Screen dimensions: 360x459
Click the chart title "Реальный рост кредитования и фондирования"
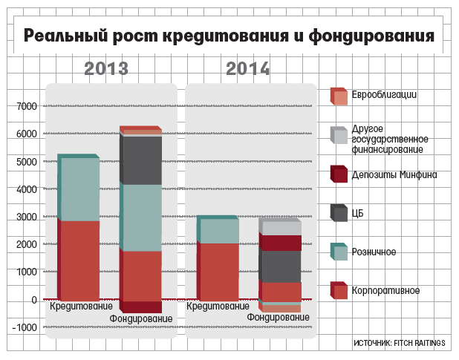[x=229, y=36]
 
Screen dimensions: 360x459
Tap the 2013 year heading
[x=106, y=69]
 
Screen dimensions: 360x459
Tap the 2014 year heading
[x=247, y=69]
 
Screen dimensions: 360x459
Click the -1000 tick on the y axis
[x=24, y=327]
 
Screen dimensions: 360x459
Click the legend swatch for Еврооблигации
[x=339, y=96]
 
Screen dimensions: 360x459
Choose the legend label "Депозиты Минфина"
[x=389, y=175]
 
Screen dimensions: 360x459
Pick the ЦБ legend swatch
[x=339, y=213]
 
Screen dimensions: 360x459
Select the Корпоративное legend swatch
[x=339, y=290]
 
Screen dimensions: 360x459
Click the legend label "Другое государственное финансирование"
[x=389, y=139]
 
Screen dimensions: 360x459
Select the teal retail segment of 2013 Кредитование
[x=79, y=189]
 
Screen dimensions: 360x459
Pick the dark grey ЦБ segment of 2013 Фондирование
[x=141, y=160]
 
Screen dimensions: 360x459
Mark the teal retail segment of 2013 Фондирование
[x=141, y=217]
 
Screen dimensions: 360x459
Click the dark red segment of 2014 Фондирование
[x=280, y=243]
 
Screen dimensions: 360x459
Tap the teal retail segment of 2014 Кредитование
[x=218, y=231]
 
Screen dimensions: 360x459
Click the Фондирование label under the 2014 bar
[x=278, y=317]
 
